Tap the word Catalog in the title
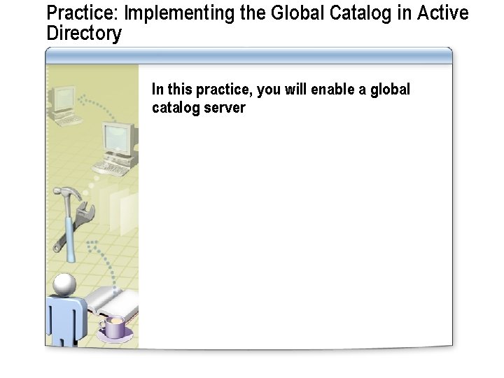pyautogui.click(x=338, y=13)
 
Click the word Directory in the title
pyautogui.click(x=83, y=34)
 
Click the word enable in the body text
pyautogui.click(x=333, y=90)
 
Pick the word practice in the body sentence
pyautogui.click(x=225, y=90)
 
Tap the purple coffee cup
pyautogui.click(x=114, y=326)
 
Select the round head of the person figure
pyautogui.click(x=64, y=284)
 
